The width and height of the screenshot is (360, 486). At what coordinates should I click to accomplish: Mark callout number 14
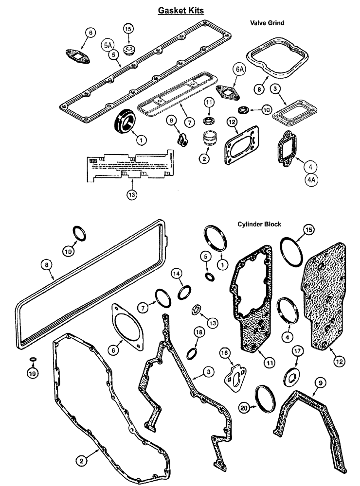click(176, 276)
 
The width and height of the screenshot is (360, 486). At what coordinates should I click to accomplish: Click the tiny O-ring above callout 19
click(33, 360)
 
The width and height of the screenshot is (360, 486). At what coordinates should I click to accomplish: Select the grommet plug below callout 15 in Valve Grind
click(129, 51)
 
